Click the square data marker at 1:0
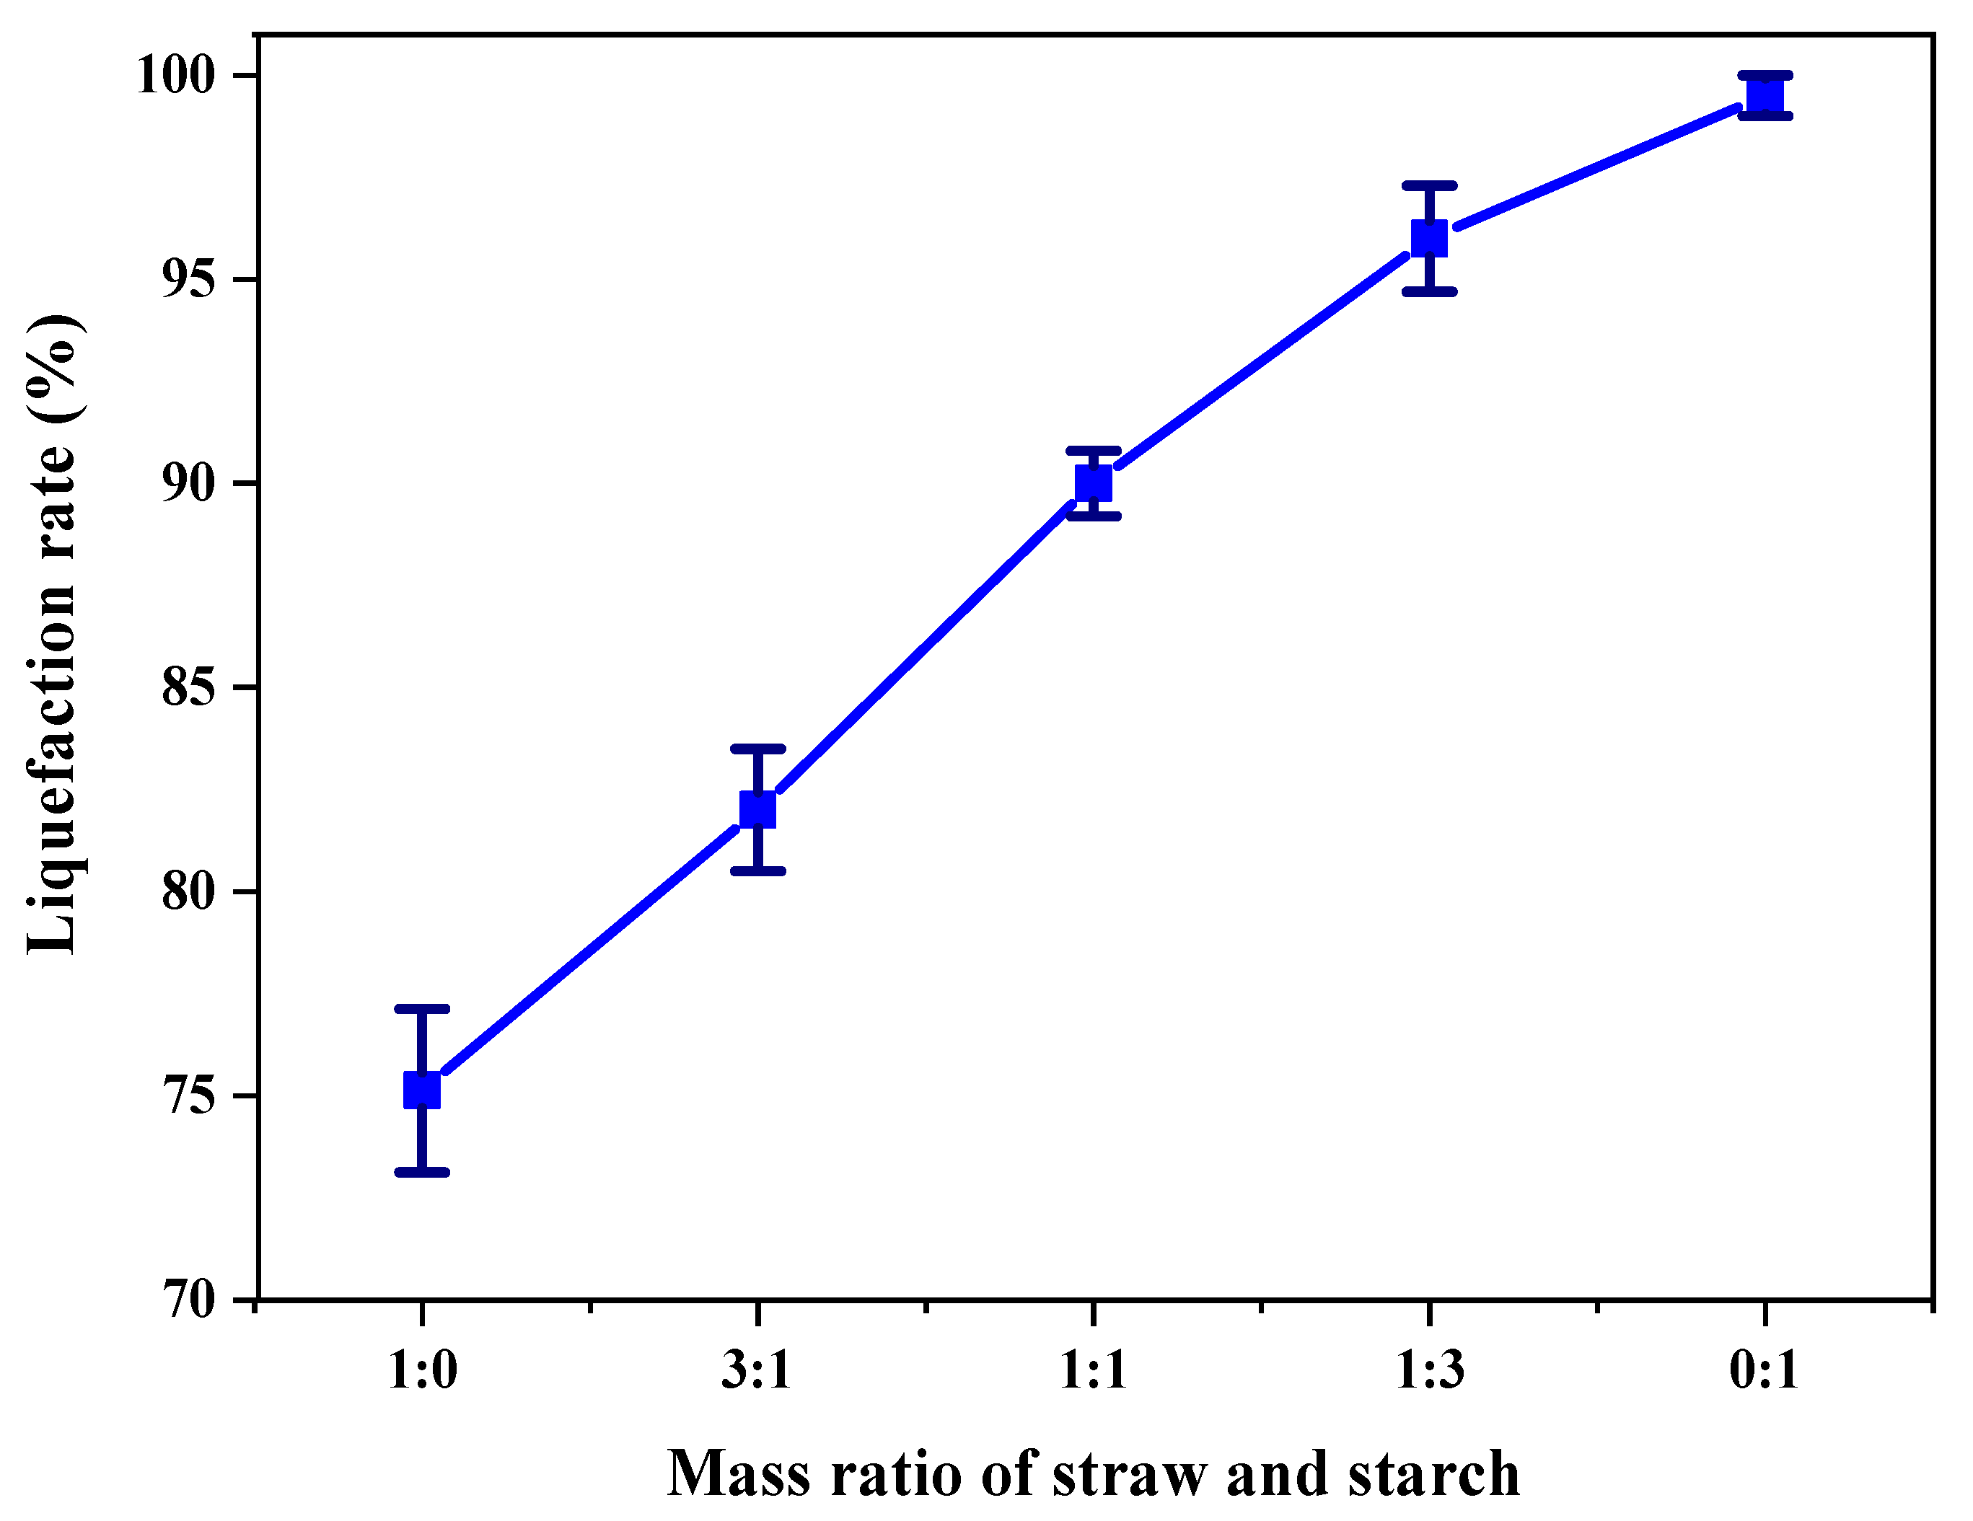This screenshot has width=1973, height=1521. pyautogui.click(x=422, y=1090)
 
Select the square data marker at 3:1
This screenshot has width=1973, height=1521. pyautogui.click(x=758, y=808)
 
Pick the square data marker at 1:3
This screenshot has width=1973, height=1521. pyautogui.click(x=1429, y=239)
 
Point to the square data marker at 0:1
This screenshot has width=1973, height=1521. pyautogui.click(x=1765, y=96)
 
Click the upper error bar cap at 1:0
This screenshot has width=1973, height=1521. pyautogui.click(x=422, y=1008)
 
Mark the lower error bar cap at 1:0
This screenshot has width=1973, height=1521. pyautogui.click(x=422, y=1173)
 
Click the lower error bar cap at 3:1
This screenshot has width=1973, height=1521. pyautogui.click(x=758, y=870)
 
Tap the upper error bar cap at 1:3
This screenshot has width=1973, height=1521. pyautogui.click(x=1429, y=185)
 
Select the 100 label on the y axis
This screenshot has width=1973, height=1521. pyautogui.click(x=176, y=74)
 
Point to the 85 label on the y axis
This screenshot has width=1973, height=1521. pyautogui.click(x=189, y=687)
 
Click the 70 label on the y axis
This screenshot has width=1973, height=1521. pyautogui.click(x=189, y=1302)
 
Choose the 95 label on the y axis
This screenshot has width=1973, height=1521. pyautogui.click(x=189, y=279)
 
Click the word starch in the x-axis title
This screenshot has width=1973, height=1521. pyautogui.click(x=1433, y=1474)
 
